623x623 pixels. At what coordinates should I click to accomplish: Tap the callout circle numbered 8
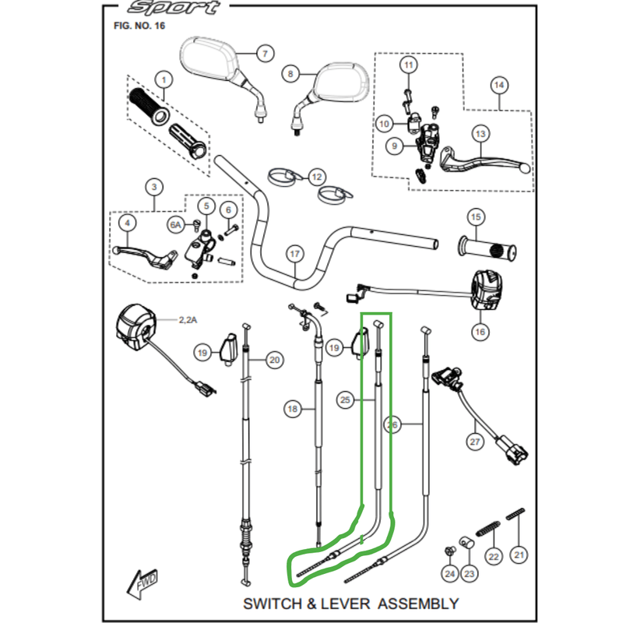[290, 74]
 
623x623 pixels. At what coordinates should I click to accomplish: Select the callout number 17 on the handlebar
[294, 254]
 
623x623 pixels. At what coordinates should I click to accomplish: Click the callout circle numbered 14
[498, 86]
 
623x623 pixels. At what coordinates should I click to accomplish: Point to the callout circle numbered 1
[163, 79]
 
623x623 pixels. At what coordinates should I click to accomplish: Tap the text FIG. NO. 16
[139, 26]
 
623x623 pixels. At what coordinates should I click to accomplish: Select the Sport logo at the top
[174, 9]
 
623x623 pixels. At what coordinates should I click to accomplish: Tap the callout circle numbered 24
[449, 575]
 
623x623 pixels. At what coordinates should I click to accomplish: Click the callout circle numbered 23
[470, 575]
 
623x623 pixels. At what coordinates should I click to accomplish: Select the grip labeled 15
[488, 248]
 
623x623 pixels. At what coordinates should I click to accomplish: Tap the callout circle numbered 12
[316, 177]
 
